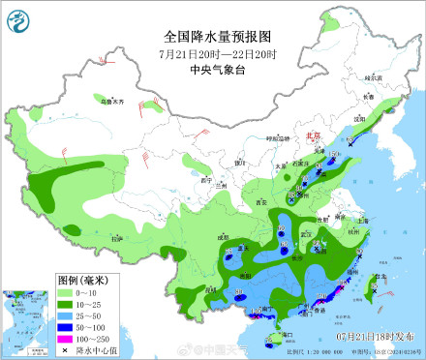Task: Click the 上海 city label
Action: point(363,220)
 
